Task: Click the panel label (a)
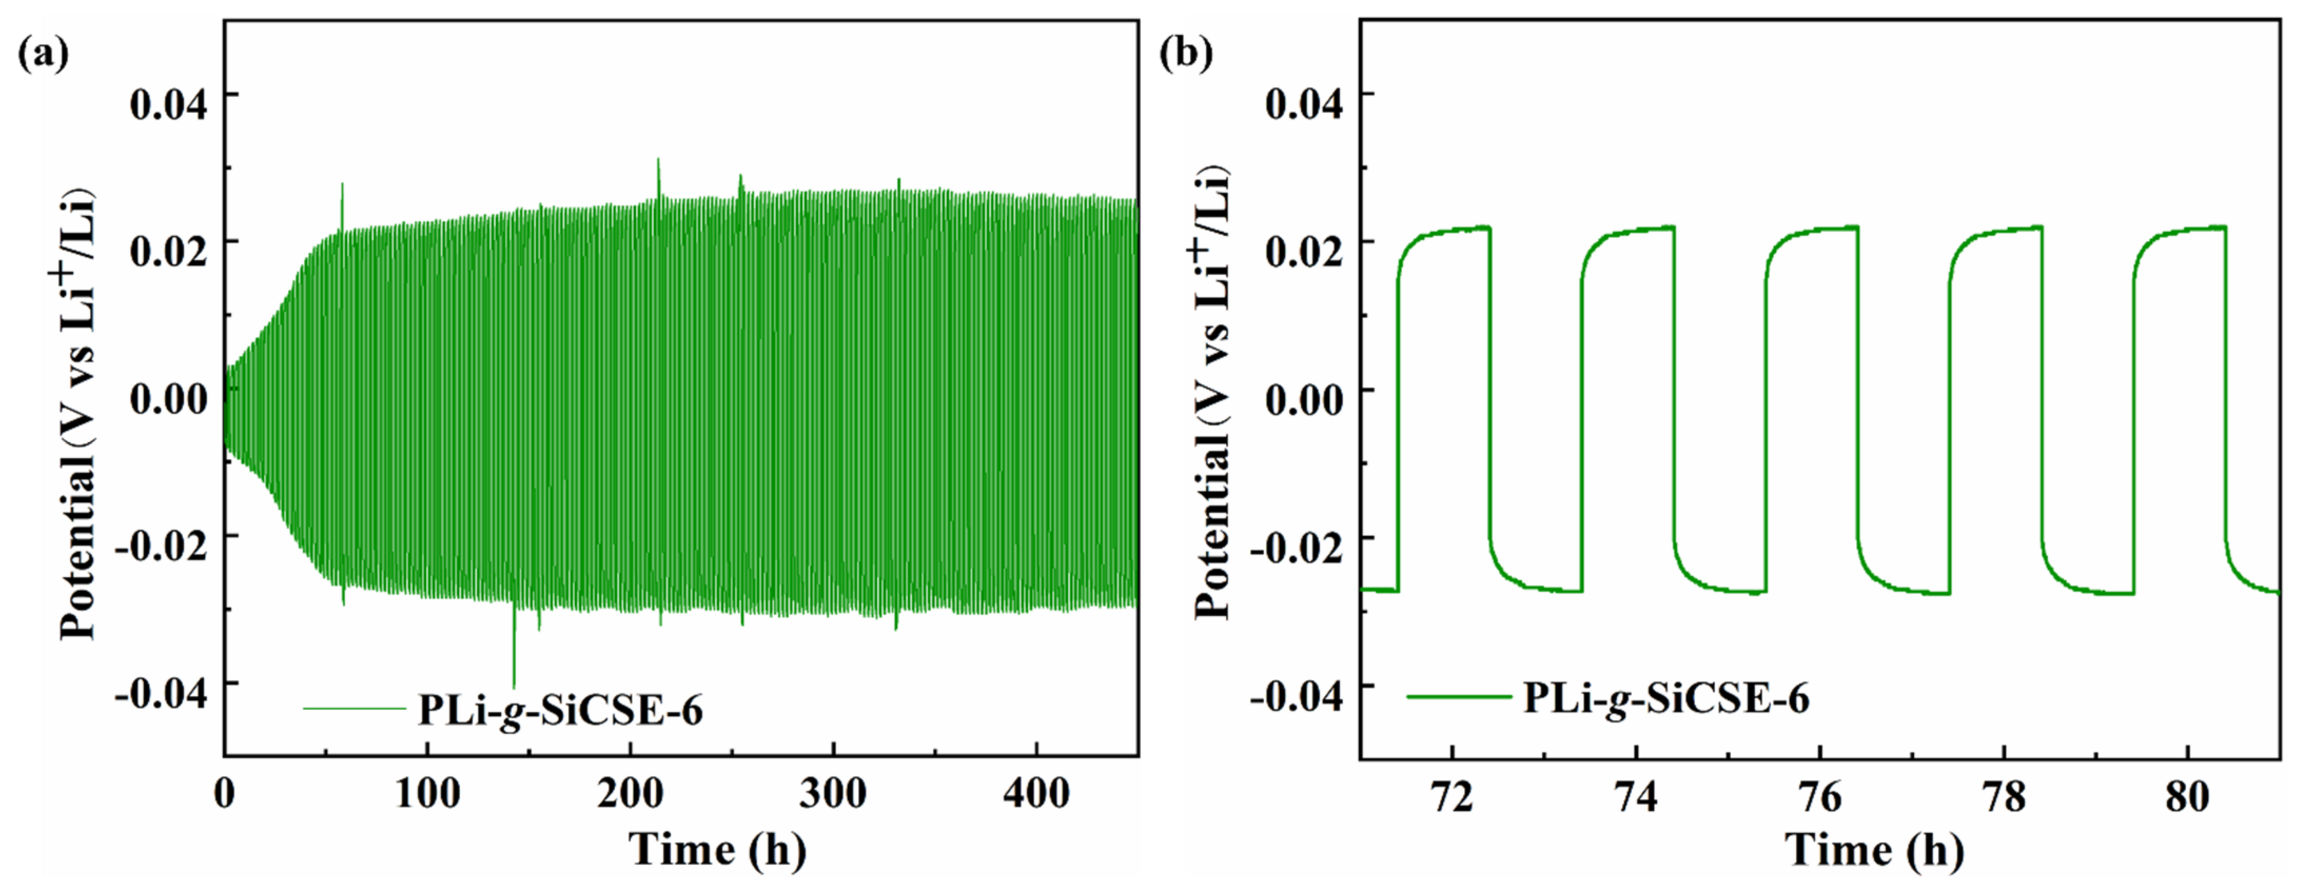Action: (43, 55)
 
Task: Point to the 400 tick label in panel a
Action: (1036, 794)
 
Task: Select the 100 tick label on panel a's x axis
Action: (427, 794)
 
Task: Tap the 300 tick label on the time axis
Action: (832, 794)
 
